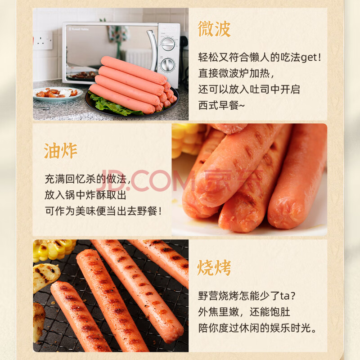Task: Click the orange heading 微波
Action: click(214, 29)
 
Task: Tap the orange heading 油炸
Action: click(60, 151)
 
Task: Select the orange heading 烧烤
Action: click(214, 268)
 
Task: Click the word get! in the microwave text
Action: click(310, 58)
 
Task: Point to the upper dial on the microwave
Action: click(168, 44)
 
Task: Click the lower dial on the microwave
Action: click(168, 65)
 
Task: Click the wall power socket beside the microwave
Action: click(43, 40)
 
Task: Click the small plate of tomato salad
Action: click(58, 94)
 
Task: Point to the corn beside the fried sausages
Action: click(187, 140)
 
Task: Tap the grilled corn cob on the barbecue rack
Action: click(54, 250)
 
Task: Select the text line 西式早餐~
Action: click(221, 105)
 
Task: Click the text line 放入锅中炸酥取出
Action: click(85, 195)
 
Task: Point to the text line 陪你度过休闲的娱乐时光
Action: click(257, 328)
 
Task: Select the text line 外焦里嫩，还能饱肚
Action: click(244, 312)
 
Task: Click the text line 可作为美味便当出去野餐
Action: click(103, 211)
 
